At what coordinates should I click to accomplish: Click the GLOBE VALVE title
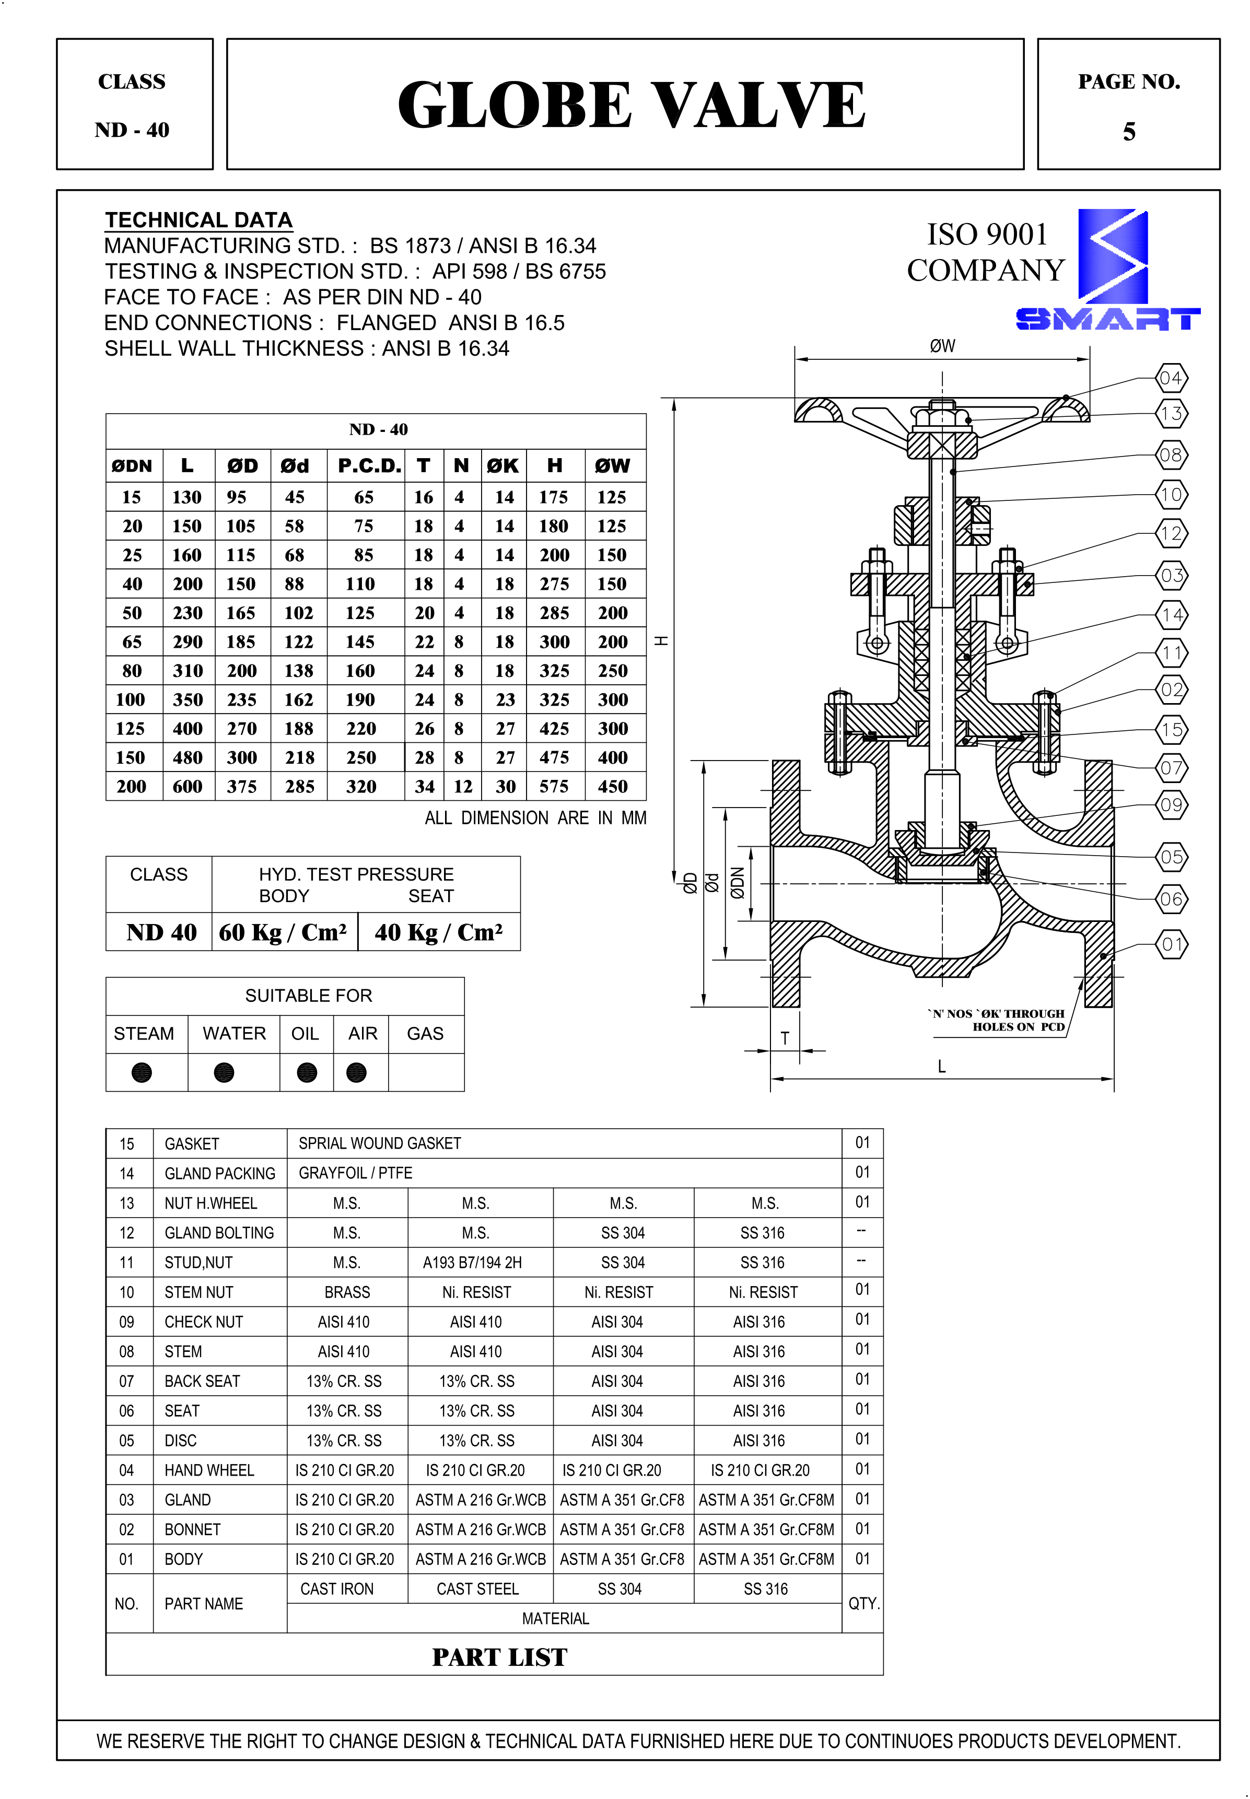[630, 105]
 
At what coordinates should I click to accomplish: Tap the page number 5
[1129, 132]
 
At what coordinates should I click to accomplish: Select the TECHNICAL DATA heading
[199, 220]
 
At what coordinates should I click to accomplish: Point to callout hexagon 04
[1171, 378]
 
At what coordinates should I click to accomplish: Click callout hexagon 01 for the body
[1171, 944]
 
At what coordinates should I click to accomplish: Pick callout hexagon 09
[1171, 805]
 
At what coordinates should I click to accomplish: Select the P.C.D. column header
[369, 466]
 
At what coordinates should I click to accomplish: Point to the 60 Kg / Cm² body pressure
[283, 932]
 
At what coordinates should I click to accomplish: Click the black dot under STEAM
[142, 1072]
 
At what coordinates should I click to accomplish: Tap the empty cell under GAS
[425, 1072]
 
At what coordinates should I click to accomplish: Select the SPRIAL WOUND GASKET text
[380, 1143]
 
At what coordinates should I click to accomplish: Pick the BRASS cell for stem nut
[347, 1292]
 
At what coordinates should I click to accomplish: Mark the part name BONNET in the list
[193, 1529]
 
